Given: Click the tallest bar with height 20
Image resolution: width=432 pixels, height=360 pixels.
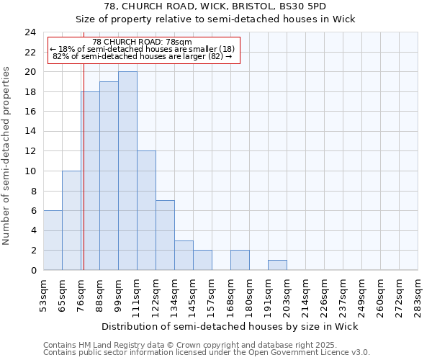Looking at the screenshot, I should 127,171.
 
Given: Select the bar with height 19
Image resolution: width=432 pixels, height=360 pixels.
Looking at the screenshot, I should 109,176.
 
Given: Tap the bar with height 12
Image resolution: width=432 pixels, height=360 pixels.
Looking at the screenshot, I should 146,210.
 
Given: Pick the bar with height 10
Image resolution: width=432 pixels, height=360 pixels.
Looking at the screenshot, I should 71,220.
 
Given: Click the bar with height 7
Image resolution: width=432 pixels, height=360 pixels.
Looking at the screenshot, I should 165,235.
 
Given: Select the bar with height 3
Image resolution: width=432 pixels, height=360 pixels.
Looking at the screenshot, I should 184,255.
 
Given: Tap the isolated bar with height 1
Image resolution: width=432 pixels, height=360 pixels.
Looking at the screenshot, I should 277,265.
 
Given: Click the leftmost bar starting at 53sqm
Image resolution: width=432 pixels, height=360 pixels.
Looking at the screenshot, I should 53,240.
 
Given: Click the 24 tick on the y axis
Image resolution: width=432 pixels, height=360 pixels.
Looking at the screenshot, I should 30,32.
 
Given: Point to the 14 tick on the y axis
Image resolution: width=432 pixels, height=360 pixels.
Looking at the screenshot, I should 30,132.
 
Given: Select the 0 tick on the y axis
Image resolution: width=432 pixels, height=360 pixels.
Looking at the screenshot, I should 33,270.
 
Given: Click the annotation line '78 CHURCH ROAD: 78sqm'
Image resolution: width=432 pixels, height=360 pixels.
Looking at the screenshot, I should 143,42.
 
